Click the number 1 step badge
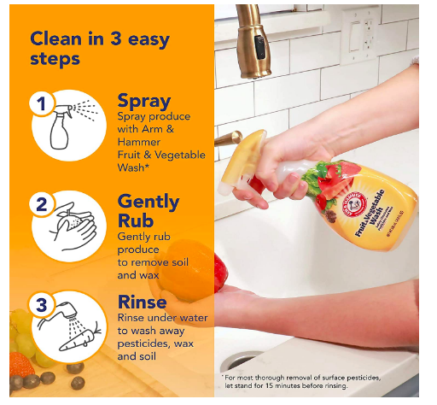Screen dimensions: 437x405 pyautogui.click(x=42, y=103)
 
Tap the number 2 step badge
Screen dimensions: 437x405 pyautogui.click(x=42, y=204)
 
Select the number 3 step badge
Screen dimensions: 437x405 pyautogui.click(x=42, y=305)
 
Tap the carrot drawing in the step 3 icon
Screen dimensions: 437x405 pyautogui.click(x=79, y=339)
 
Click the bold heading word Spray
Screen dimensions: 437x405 pyautogui.click(x=144, y=101)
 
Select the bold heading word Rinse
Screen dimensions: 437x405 pyautogui.click(x=142, y=302)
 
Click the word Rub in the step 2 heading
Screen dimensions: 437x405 pyautogui.click(x=136, y=220)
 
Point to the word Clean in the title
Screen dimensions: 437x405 pyautogui.click(x=56, y=38)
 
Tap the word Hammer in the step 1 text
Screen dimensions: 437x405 pyautogui.click(x=139, y=142)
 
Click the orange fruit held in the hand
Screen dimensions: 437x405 pyautogui.click(x=186, y=270)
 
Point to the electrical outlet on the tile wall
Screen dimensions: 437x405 pyautogui.click(x=360, y=36)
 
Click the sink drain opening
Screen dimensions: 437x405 pyautogui.click(x=241, y=361)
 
